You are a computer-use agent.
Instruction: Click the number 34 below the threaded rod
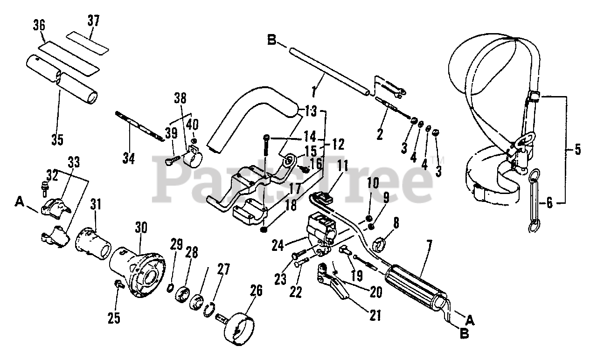[x=129, y=159]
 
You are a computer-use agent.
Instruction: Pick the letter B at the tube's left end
[x=272, y=41]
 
